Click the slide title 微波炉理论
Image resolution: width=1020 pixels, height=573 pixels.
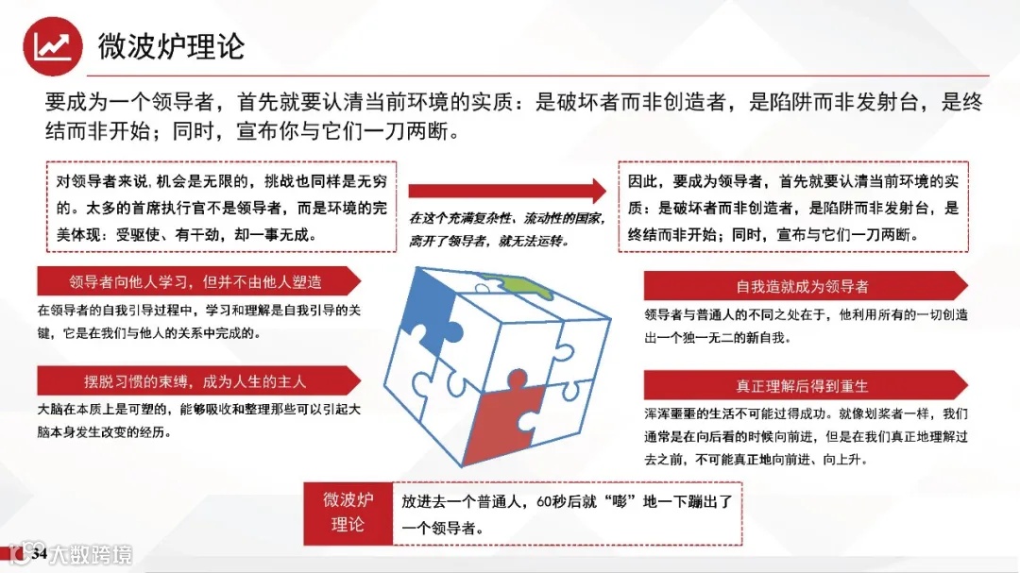(171, 45)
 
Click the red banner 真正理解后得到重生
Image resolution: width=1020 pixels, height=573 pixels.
(803, 386)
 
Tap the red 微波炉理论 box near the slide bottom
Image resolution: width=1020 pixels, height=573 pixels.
(348, 512)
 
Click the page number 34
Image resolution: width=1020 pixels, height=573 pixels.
(40, 552)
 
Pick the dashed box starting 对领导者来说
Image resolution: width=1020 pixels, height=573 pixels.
(221, 206)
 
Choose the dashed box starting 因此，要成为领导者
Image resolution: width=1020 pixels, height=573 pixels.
(793, 207)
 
